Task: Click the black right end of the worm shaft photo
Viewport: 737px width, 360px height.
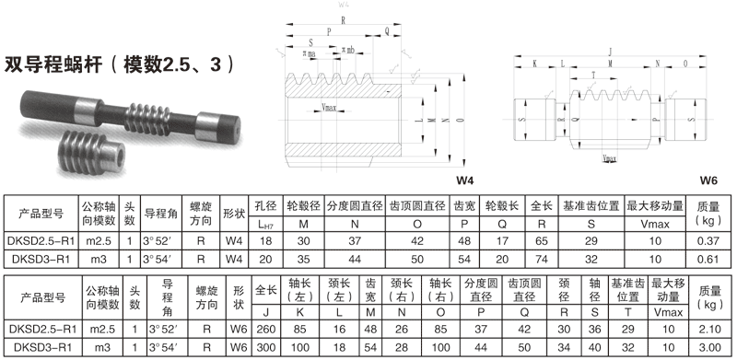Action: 224,122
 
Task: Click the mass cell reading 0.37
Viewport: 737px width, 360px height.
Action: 708,241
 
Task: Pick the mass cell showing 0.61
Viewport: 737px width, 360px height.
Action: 708,259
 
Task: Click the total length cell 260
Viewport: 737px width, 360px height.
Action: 266,328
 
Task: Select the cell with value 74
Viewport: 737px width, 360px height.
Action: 542,259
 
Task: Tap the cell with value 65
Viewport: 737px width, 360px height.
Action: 542,241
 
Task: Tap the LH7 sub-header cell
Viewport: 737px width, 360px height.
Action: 265,224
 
